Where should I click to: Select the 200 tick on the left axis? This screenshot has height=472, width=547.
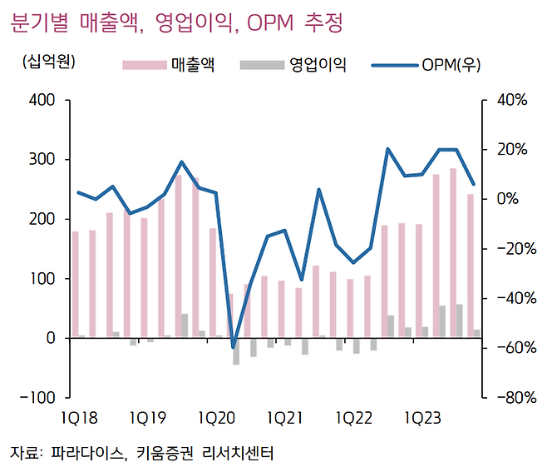click(42, 219)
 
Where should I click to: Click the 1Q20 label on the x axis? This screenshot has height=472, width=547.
click(218, 417)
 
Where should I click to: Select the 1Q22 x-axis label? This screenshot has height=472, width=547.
click(355, 417)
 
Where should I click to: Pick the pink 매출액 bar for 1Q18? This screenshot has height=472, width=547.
click(75, 285)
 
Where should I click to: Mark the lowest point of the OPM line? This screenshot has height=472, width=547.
click(234, 347)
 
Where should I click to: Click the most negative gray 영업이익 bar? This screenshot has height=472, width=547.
click(236, 351)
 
